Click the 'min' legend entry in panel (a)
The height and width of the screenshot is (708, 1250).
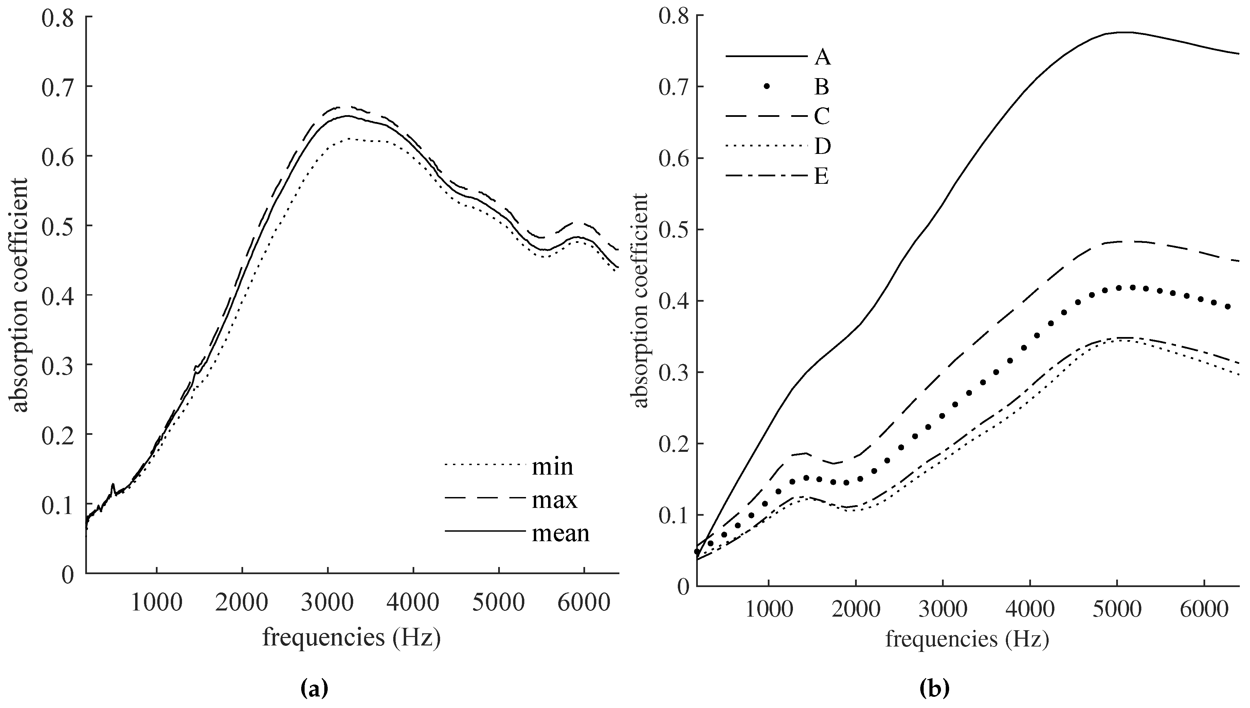pyautogui.click(x=552, y=467)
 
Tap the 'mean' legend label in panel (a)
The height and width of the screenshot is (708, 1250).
pyautogui.click(x=560, y=533)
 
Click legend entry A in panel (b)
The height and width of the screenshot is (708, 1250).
pyautogui.click(x=822, y=58)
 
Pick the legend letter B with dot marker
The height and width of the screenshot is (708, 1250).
pyautogui.click(x=822, y=88)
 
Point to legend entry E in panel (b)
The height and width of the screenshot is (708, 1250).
pyautogui.click(x=821, y=177)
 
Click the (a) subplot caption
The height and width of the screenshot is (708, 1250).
pyautogui.click(x=314, y=689)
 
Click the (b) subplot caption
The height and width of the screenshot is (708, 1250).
pyautogui.click(x=935, y=689)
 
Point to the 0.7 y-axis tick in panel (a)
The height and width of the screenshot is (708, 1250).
pyautogui.click(x=57, y=87)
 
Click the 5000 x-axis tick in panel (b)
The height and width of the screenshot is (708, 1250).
pyautogui.click(x=1117, y=610)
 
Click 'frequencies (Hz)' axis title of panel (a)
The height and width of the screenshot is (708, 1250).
pyautogui.click(x=352, y=637)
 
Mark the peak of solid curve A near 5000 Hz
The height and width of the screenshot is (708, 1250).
pyautogui.click(x=1117, y=46)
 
